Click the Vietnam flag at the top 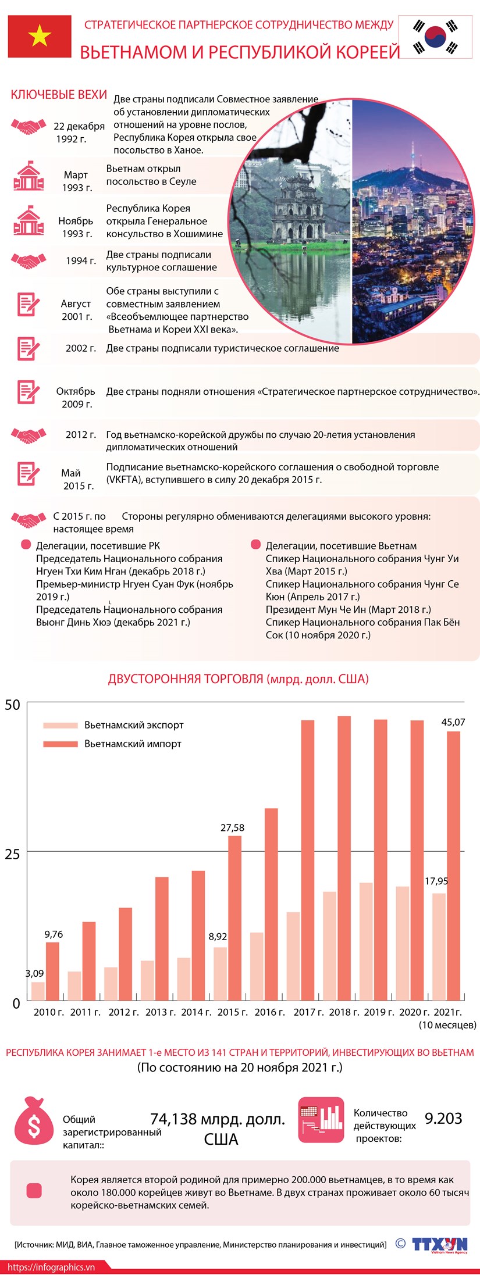coord(40,37)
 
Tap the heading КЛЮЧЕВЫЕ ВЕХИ coord(59,95)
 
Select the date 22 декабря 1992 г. coord(79,133)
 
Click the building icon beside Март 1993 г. coord(29,177)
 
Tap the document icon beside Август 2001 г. coord(28,304)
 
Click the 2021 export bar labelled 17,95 coord(439,948)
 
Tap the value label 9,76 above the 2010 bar coord(54,934)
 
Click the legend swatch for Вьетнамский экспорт coord(60,725)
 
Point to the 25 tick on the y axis coord(12,853)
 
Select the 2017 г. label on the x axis coord(308,1012)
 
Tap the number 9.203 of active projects coord(443,1118)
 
